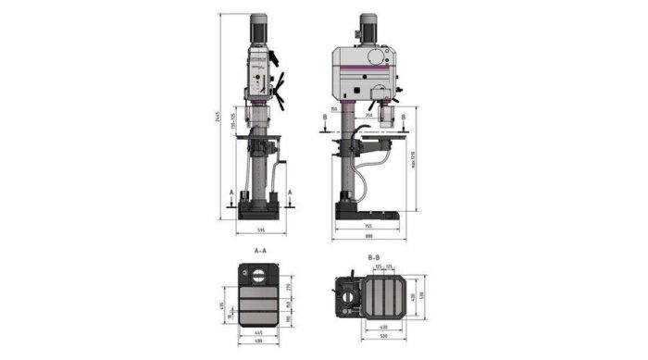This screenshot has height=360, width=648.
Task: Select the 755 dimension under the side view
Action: pos(368,226)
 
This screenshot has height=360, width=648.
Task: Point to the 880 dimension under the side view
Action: pos(368,236)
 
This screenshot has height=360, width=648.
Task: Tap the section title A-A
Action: pos(260,251)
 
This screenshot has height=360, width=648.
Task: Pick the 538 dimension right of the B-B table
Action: pos(419,295)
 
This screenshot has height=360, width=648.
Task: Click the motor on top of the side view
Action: pos(368,29)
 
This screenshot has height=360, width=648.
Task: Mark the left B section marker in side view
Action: pos(325,118)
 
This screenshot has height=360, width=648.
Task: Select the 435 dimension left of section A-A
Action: pos(222,306)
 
